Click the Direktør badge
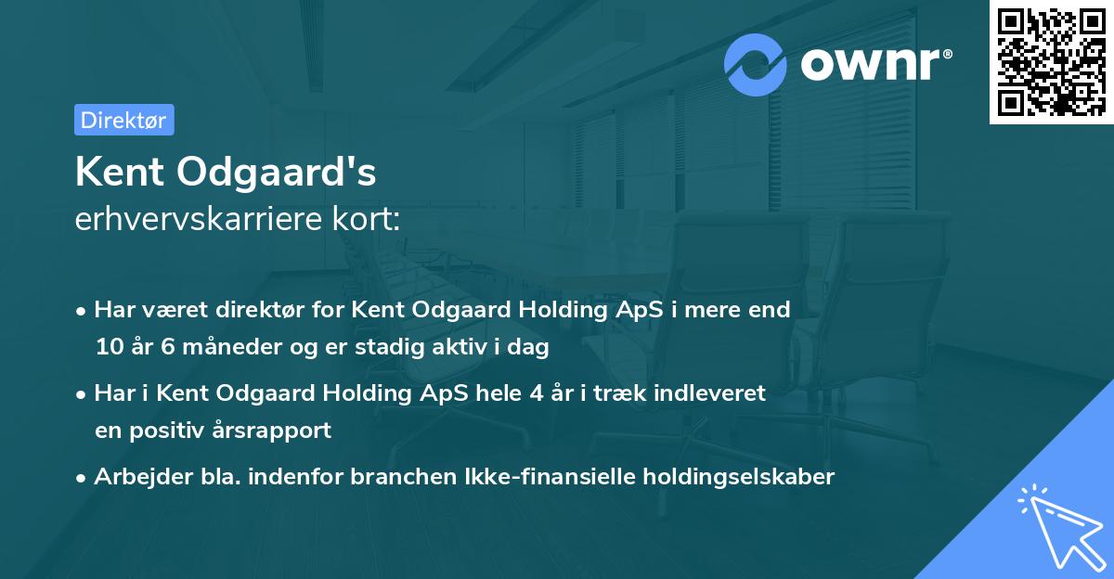tap(123, 120)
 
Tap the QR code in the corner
tap(1051, 61)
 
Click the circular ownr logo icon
tap(756, 64)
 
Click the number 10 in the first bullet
tap(108, 348)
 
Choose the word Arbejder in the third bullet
tap(134, 477)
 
